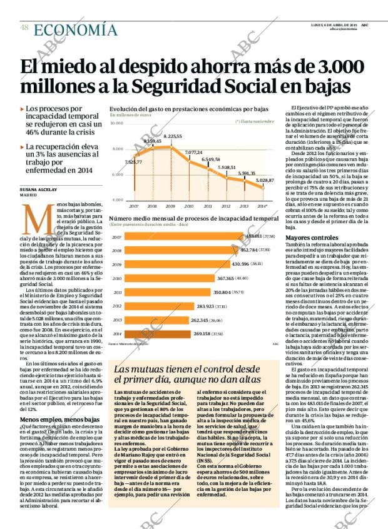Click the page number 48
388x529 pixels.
pyautogui.click(x=23, y=27)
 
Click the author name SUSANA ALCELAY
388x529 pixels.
pyautogui.click(x=38, y=189)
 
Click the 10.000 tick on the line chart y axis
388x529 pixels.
pyautogui.click(x=116, y=123)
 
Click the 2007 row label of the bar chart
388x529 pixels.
pyautogui.click(x=116, y=238)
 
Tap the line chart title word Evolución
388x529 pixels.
pyautogui.click(x=124, y=108)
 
